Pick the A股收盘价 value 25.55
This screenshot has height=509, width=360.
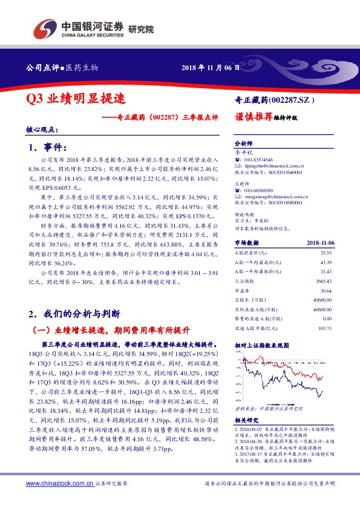click(326, 253)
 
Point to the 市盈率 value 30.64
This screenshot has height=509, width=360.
click(326, 290)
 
